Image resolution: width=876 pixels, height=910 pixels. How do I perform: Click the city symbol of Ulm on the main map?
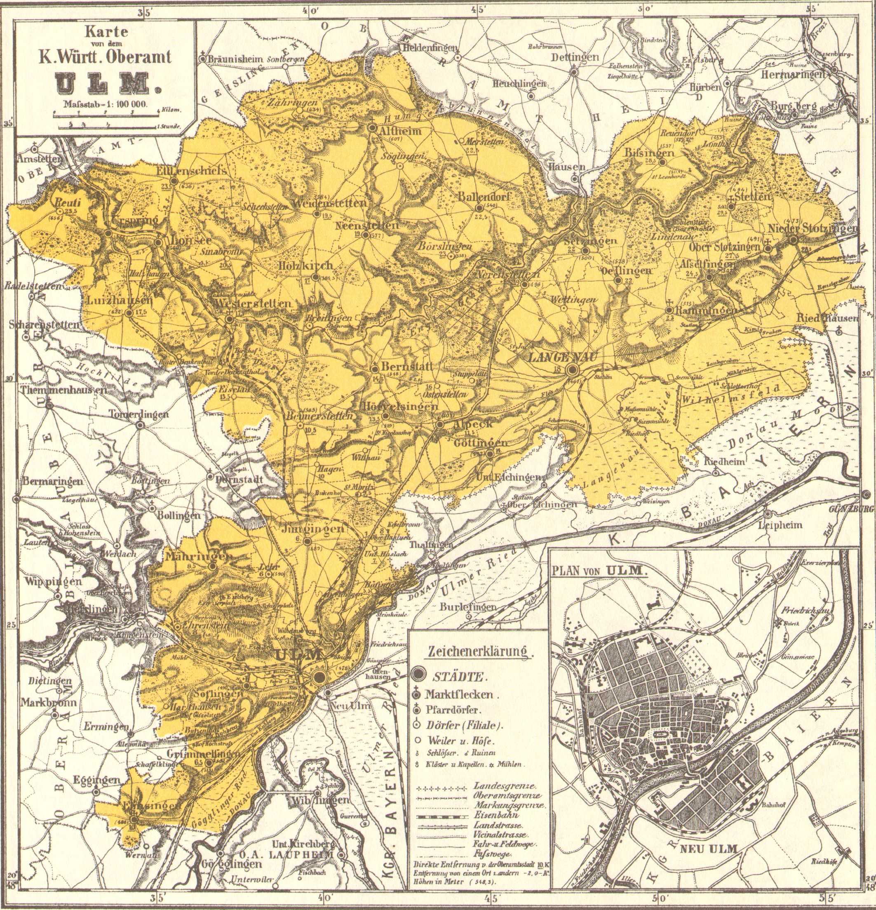[318, 677]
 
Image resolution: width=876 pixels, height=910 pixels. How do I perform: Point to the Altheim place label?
[400, 132]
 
